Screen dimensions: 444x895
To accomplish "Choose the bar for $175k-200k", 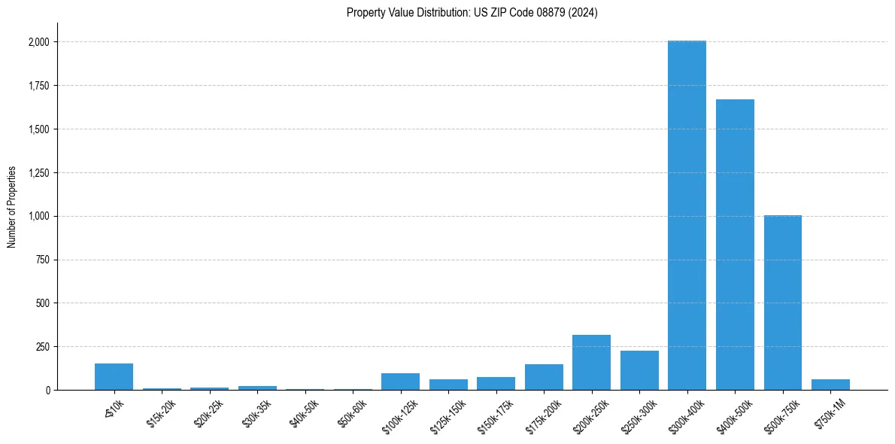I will pyautogui.click(x=544, y=377).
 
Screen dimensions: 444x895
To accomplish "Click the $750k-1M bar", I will pyautogui.click(x=830, y=385).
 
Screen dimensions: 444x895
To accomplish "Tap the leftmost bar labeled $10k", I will pyautogui.click(x=114, y=377).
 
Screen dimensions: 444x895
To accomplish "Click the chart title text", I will pyautogui.click(x=472, y=13).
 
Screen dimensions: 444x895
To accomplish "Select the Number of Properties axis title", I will pyautogui.click(x=12, y=206).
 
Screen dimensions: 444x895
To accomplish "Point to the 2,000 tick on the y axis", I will pyautogui.click(x=38, y=42).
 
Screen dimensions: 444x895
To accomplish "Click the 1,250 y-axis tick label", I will pyautogui.click(x=38, y=173).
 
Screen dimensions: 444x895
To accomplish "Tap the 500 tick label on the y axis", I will pyautogui.click(x=43, y=303).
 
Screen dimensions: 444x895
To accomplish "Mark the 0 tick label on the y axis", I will pyautogui.click(x=47, y=391).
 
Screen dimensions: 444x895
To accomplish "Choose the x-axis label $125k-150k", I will pyautogui.click(x=448, y=413).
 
